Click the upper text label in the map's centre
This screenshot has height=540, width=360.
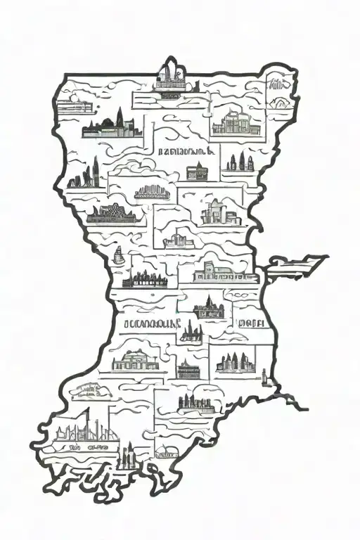click(x=181, y=150)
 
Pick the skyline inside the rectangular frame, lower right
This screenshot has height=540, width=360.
click(x=236, y=362)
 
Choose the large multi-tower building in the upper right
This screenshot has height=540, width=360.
click(x=232, y=122)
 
